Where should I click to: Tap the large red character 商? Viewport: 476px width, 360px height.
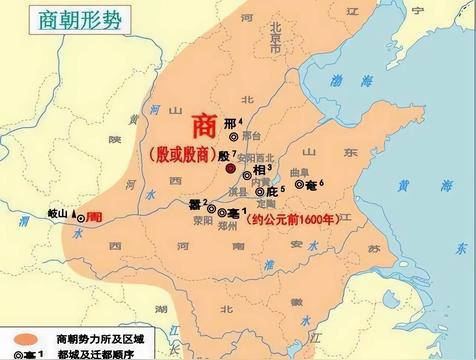click(x=203, y=130)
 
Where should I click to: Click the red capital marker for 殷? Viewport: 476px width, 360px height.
click(x=231, y=170)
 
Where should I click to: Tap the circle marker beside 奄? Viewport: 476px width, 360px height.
click(x=299, y=184)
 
